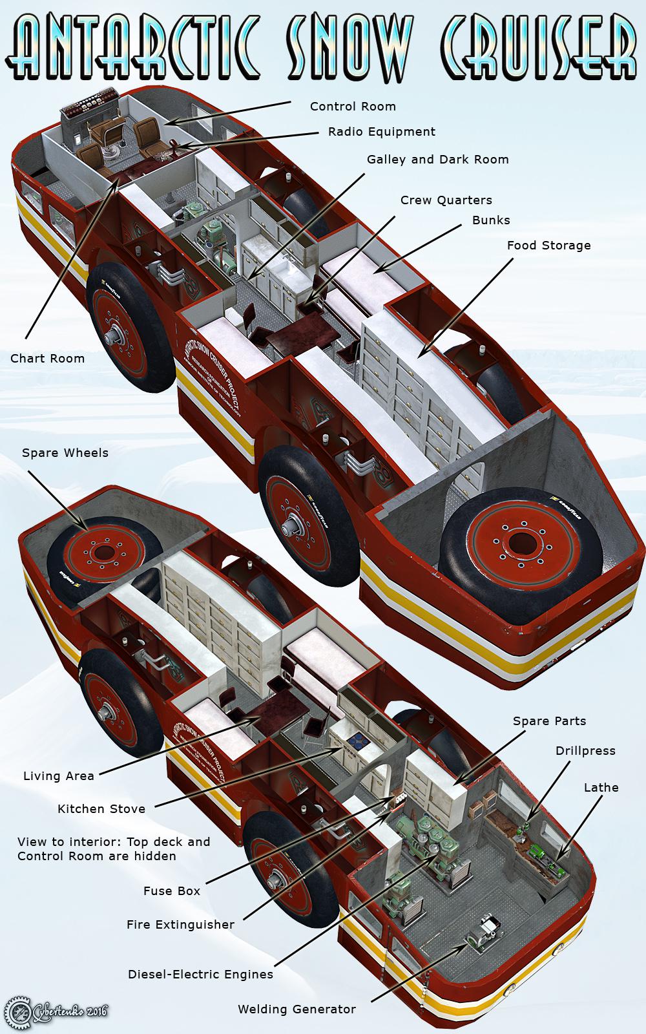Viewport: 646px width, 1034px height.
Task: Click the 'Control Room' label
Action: tap(353, 107)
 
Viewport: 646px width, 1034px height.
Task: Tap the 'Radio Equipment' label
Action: tap(382, 132)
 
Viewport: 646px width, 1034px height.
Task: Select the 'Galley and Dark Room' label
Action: tap(437, 160)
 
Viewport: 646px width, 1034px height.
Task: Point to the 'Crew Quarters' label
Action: tap(446, 200)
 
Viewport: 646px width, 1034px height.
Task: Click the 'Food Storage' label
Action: tap(548, 246)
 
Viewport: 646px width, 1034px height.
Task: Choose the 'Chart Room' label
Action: tap(47, 358)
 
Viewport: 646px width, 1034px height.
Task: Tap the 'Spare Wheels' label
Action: tap(65, 453)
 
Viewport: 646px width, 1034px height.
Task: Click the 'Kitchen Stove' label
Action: tap(101, 808)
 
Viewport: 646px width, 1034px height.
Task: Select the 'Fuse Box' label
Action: tap(171, 891)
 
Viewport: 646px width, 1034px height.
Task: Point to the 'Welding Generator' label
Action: tap(297, 1009)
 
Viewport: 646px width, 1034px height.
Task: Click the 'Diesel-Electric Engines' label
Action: tap(200, 975)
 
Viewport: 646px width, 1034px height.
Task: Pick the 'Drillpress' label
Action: tap(585, 751)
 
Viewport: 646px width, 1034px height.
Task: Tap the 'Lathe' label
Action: tap(601, 788)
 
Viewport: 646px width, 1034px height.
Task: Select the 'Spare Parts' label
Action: tap(549, 721)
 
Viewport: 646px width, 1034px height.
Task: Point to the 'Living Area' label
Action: tap(58, 776)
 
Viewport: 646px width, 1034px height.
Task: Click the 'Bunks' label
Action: tap(491, 220)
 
